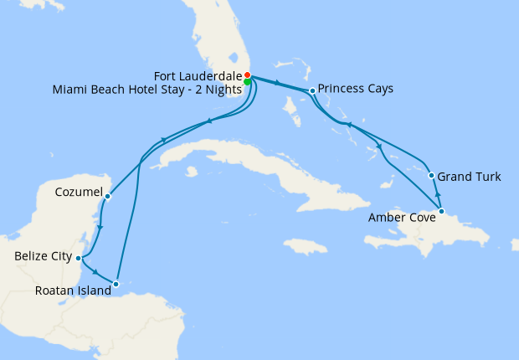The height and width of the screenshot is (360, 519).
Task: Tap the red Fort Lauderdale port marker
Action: (247, 75)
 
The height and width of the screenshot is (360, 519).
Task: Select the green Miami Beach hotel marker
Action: (248, 82)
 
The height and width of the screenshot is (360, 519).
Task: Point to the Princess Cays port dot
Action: (312, 90)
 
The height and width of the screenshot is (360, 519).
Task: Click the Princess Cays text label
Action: (356, 88)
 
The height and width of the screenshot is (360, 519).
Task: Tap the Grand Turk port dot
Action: (431, 176)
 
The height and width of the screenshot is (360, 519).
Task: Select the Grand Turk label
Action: (470, 177)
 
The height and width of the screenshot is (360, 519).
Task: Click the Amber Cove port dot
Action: (441, 211)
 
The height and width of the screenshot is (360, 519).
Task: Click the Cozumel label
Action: (78, 193)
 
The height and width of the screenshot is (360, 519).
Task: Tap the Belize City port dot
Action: (78, 258)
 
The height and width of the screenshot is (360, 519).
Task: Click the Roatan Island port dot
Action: (116, 284)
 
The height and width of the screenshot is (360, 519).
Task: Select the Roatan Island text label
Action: (73, 291)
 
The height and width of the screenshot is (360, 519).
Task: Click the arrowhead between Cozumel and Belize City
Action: (100, 228)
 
